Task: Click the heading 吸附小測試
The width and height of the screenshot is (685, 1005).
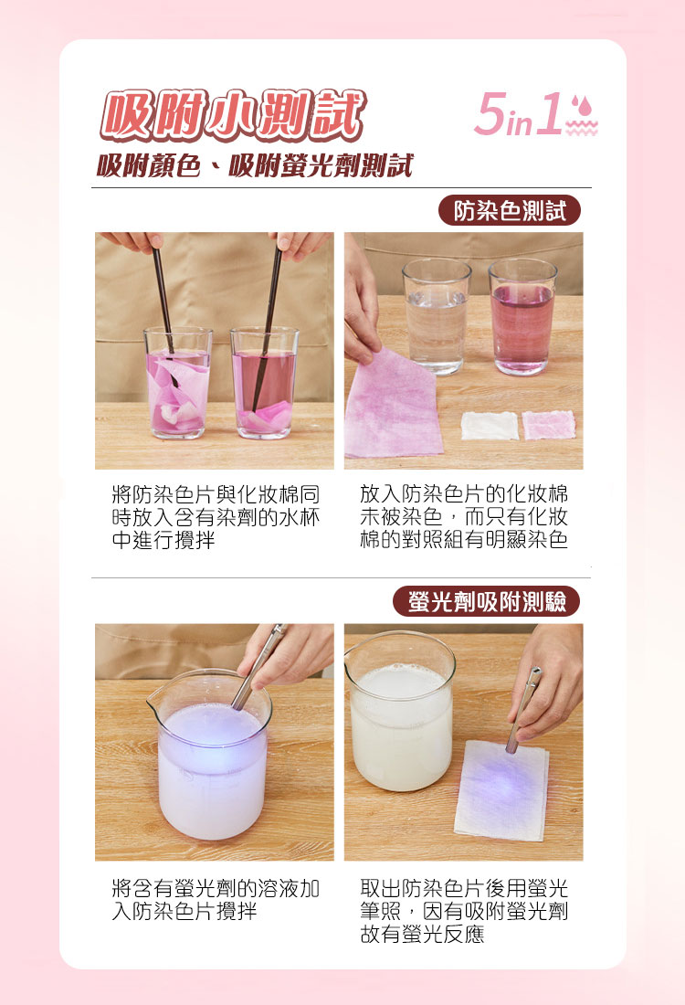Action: coord(232,118)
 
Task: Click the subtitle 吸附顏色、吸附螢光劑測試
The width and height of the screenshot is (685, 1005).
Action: coord(255,166)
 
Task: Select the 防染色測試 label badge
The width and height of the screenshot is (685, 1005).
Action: coord(510,211)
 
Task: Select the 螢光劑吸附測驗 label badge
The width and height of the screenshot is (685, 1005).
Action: coord(487,601)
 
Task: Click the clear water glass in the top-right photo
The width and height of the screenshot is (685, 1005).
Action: coord(436,315)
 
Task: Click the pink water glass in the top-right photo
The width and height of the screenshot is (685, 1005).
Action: coord(522,316)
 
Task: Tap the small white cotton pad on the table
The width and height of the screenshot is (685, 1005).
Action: coord(490,425)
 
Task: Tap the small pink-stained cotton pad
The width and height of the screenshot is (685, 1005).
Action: coord(548,424)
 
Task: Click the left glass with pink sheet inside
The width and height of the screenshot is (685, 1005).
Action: coord(178,384)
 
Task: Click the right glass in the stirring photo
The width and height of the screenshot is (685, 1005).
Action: coord(265,384)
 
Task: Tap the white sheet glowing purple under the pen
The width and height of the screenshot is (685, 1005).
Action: coord(501,789)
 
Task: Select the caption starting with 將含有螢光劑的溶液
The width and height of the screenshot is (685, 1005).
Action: coord(216,899)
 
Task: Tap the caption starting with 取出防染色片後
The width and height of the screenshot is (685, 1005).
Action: coord(464,910)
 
